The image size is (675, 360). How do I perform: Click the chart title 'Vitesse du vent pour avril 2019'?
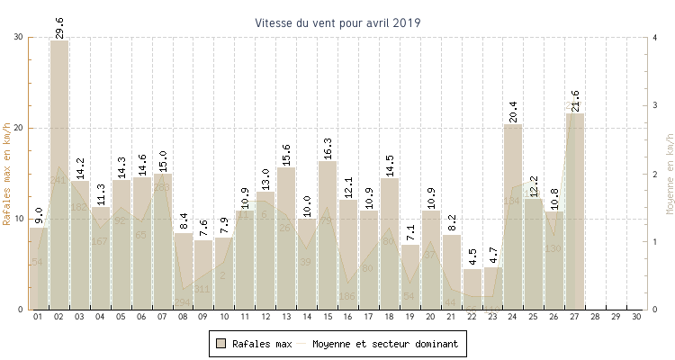point(337,22)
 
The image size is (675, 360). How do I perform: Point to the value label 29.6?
point(59,28)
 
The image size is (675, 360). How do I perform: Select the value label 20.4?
point(513,111)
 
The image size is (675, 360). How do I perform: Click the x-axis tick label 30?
point(636,318)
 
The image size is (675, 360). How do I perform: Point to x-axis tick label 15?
point(327,318)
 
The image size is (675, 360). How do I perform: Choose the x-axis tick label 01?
point(39,318)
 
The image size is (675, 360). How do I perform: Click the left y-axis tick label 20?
point(19,128)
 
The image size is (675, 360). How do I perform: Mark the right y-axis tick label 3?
point(654,105)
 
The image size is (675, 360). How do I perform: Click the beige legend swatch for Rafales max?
point(220,344)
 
